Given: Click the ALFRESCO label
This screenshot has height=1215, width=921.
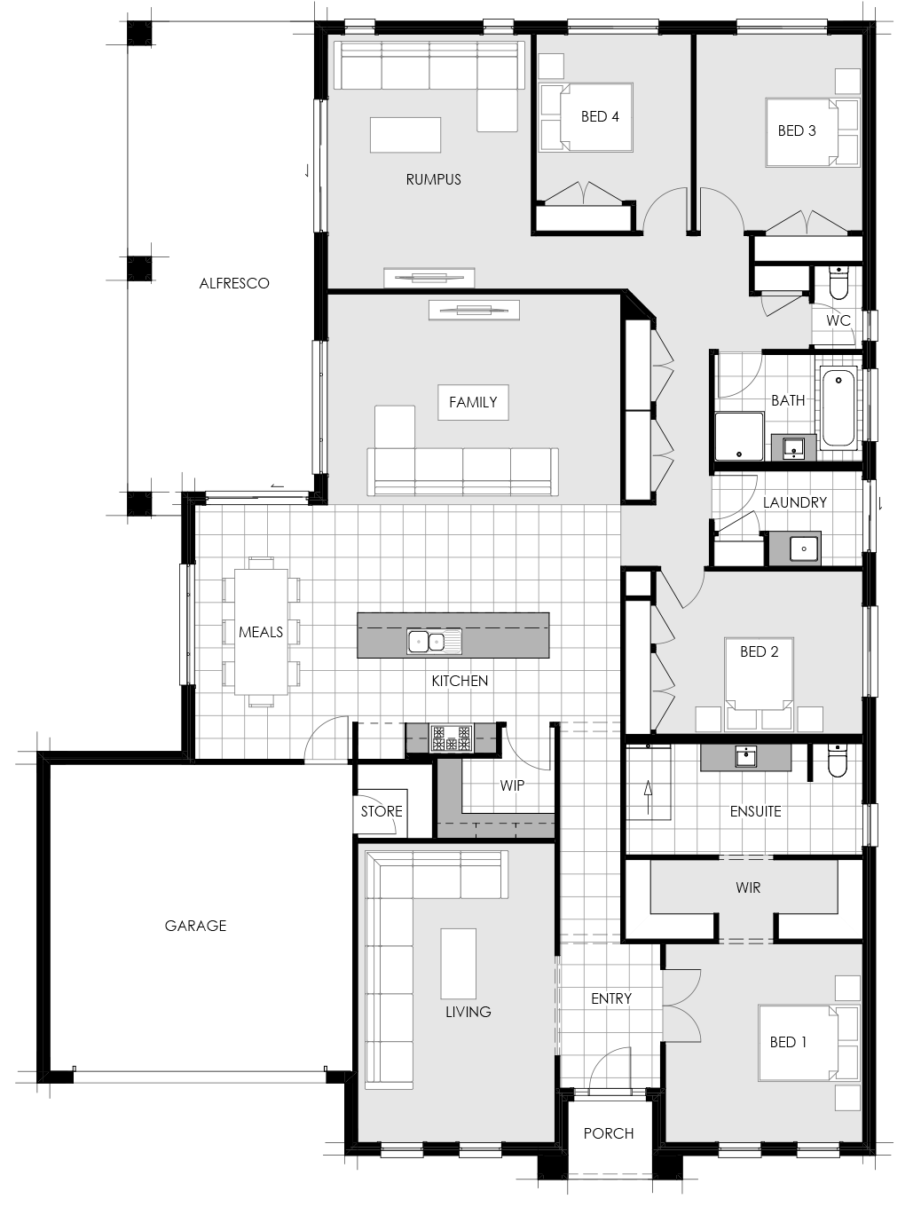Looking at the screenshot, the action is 234,283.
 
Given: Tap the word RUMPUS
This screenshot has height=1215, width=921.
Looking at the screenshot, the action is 433,179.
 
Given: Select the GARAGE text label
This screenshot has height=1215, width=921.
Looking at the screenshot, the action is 195,926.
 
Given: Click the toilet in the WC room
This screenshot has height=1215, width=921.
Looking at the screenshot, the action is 838,282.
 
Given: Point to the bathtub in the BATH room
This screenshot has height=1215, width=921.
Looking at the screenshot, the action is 838,406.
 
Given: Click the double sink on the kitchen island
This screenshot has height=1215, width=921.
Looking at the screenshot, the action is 435,642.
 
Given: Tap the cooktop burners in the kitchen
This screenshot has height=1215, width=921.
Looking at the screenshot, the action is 452,738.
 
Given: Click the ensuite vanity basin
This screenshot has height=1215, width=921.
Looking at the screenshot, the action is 745,756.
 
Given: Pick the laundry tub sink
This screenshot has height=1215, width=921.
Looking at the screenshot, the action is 804,548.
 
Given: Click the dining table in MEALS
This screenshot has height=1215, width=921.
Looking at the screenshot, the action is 261,632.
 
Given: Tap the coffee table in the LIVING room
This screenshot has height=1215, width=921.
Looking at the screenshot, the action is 458,964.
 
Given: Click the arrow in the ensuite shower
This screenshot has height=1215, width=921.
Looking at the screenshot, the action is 649,798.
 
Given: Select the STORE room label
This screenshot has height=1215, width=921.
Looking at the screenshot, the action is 382,811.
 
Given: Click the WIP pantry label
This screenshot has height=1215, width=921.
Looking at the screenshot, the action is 512,785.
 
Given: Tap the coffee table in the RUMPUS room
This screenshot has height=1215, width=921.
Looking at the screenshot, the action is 405,135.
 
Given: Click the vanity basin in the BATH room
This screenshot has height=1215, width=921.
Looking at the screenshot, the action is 794,447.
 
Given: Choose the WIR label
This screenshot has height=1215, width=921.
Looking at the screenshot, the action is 748,888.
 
